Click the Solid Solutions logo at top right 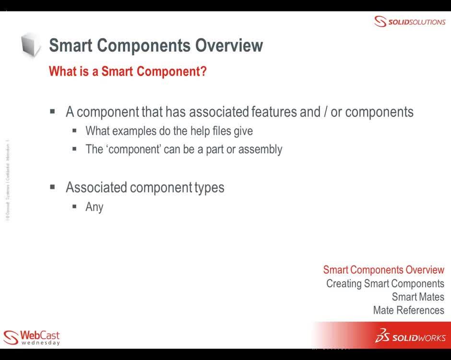(410, 22)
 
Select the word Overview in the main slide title (229, 46)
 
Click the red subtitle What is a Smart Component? (128, 72)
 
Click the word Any (95, 207)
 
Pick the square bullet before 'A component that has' (53, 112)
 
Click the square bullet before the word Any (75, 206)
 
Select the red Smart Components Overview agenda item (383, 270)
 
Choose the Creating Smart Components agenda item (385, 283)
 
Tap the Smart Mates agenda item (417, 297)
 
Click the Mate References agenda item (408, 310)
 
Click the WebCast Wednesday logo (32, 337)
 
